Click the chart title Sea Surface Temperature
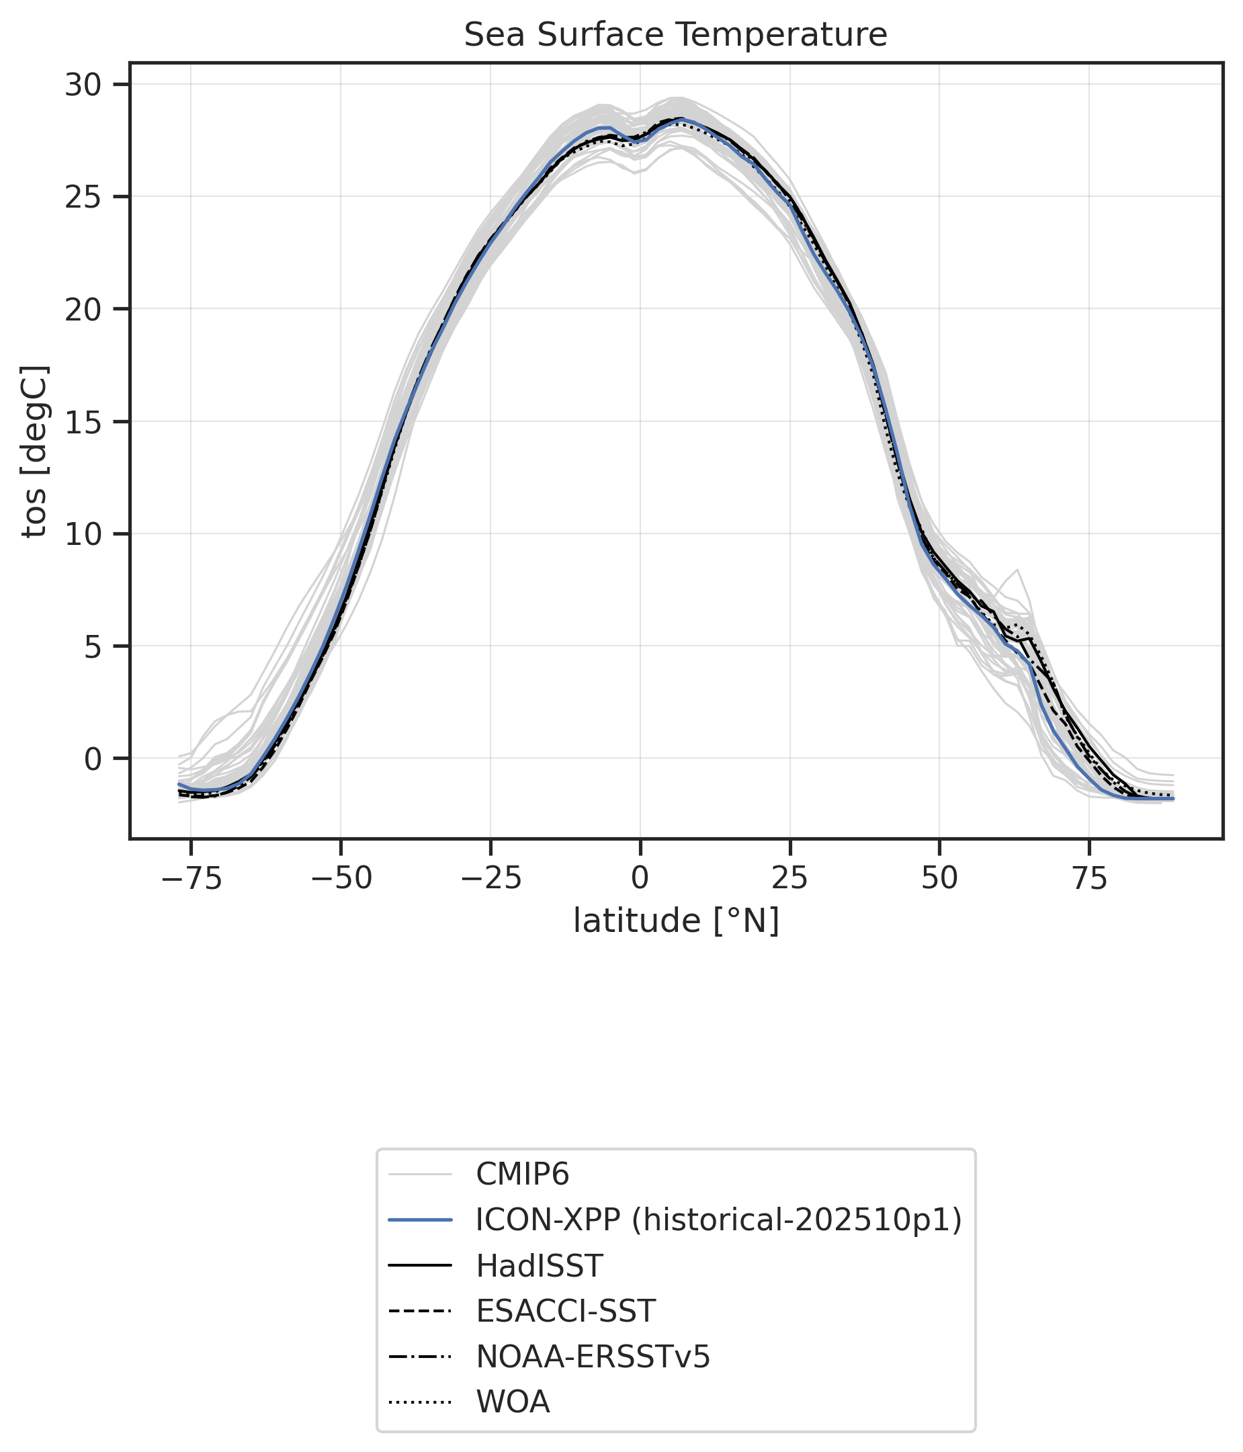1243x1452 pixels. (x=675, y=36)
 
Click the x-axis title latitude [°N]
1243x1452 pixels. (x=675, y=920)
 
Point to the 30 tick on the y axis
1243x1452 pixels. (x=83, y=85)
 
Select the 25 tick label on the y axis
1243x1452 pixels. (x=83, y=198)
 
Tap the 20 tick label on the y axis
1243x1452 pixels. (x=83, y=310)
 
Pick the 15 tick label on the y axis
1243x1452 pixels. (x=83, y=423)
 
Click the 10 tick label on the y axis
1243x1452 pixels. (x=83, y=535)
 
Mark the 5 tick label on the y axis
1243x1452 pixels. (x=93, y=647)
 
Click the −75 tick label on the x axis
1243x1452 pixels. (x=191, y=879)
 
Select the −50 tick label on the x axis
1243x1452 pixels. (x=341, y=879)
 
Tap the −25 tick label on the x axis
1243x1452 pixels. (x=490, y=879)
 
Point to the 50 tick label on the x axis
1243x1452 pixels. (x=939, y=879)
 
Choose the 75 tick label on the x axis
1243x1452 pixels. (x=1090, y=879)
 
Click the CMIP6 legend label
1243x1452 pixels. (x=523, y=1175)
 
